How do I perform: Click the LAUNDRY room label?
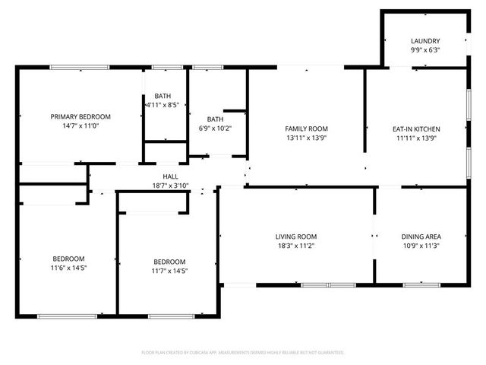pyautogui.click(x=425, y=41)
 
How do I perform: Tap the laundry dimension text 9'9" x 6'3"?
pyautogui.click(x=425, y=50)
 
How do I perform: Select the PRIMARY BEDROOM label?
pyautogui.click(x=80, y=116)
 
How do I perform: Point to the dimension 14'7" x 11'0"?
pyautogui.click(x=80, y=125)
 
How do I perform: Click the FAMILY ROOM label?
pyautogui.click(x=306, y=129)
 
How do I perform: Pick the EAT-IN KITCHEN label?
pyautogui.click(x=415, y=129)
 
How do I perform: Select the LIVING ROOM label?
pyautogui.click(x=296, y=236)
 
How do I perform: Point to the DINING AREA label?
pyautogui.click(x=421, y=236)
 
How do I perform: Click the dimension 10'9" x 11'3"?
pyautogui.click(x=421, y=246)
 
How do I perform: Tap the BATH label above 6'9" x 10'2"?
pyautogui.click(x=216, y=119)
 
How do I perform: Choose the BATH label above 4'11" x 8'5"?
pyautogui.click(x=162, y=96)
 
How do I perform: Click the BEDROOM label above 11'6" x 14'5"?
pyautogui.click(x=68, y=259)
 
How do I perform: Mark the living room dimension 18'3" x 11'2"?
pyautogui.click(x=296, y=246)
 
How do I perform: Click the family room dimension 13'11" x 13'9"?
pyautogui.click(x=306, y=138)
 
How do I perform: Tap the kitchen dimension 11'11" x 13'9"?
pyautogui.click(x=415, y=138)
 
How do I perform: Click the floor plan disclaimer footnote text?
pyautogui.click(x=243, y=353)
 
